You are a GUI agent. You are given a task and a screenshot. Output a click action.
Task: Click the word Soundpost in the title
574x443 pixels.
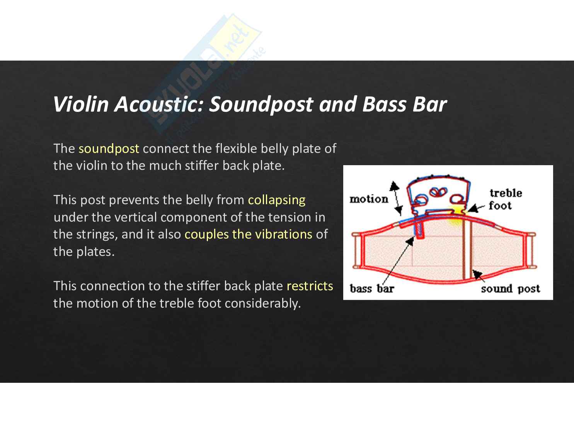(261, 104)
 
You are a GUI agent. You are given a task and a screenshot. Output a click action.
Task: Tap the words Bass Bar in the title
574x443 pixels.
(404, 104)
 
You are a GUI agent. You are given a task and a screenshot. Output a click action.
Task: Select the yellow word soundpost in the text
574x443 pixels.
(109, 149)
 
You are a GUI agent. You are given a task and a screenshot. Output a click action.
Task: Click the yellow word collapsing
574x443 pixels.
(276, 200)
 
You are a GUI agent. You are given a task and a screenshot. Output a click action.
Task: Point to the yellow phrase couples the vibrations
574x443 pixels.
(248, 234)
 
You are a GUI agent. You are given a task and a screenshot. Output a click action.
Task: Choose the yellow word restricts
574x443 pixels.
(310, 286)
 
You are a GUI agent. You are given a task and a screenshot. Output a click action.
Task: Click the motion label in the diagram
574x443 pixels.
(369, 199)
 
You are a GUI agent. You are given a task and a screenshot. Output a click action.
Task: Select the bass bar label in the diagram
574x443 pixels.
(371, 288)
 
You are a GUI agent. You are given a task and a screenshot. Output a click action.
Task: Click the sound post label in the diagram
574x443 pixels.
(510, 289)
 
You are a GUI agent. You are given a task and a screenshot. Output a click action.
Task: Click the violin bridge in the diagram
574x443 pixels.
(437, 195)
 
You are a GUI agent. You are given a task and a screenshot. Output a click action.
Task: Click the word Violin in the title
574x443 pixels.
(82, 104)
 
